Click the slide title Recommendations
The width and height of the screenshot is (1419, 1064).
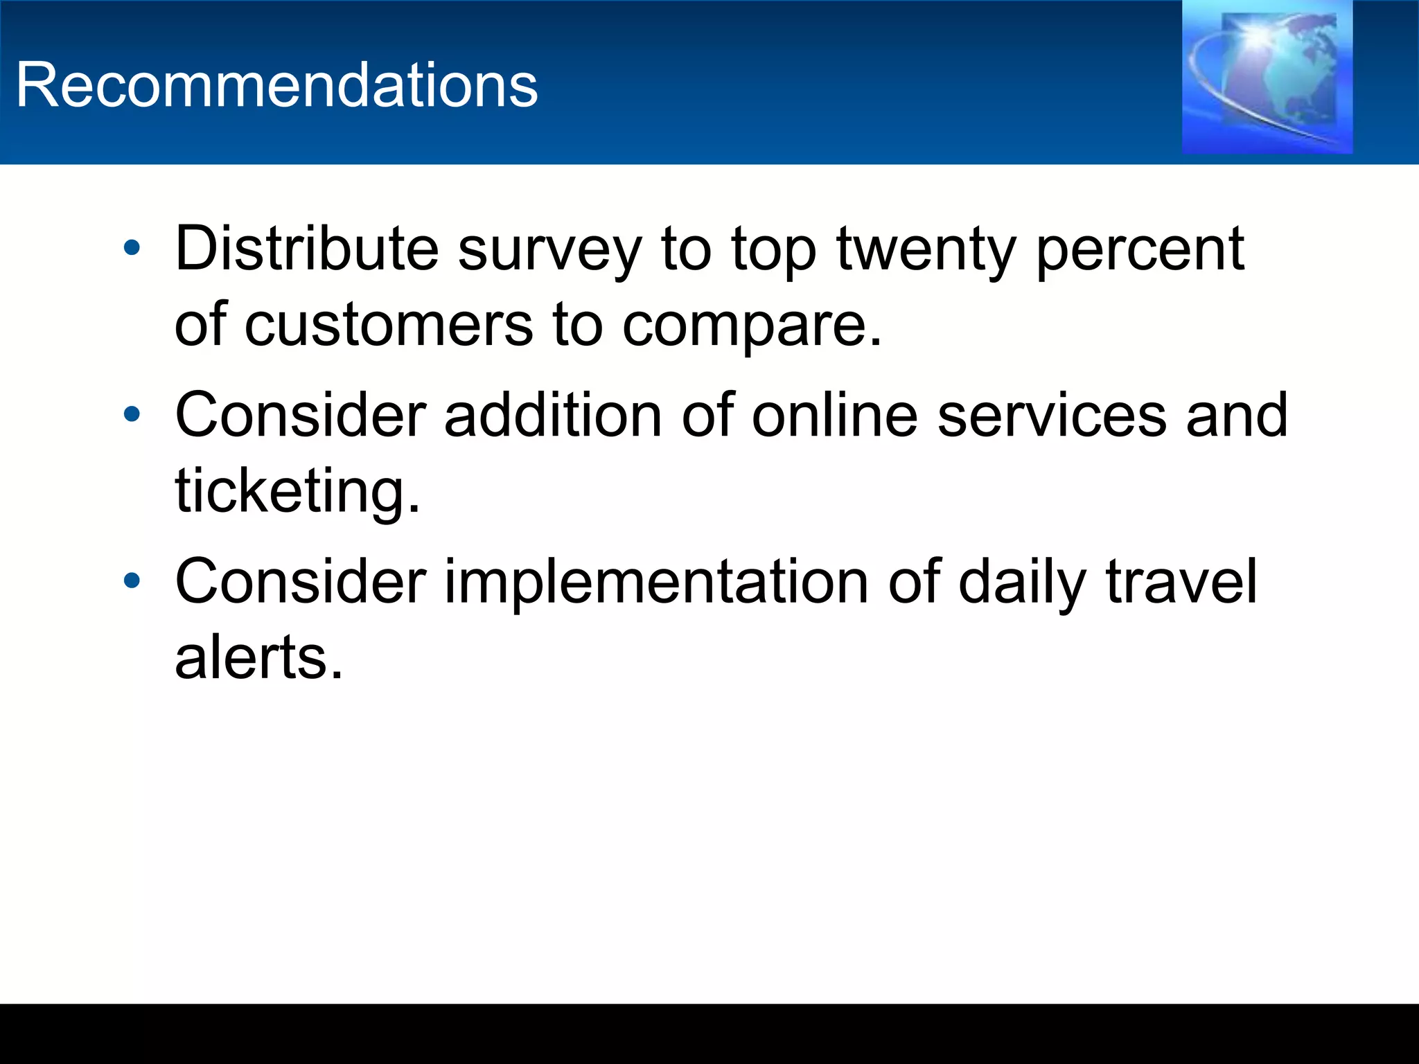click(276, 85)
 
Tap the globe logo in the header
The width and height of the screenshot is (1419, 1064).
click(1267, 77)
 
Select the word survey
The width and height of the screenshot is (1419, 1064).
click(549, 251)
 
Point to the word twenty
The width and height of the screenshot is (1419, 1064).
click(926, 251)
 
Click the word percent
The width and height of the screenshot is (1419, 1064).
click(1140, 251)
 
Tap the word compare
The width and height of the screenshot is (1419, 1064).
click(752, 327)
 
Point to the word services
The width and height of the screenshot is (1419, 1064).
click(1052, 416)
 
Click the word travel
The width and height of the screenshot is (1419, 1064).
click(1181, 582)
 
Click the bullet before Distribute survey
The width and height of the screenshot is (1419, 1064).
click(132, 248)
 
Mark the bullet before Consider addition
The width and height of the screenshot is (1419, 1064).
click(132, 414)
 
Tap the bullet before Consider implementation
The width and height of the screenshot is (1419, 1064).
click(132, 580)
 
